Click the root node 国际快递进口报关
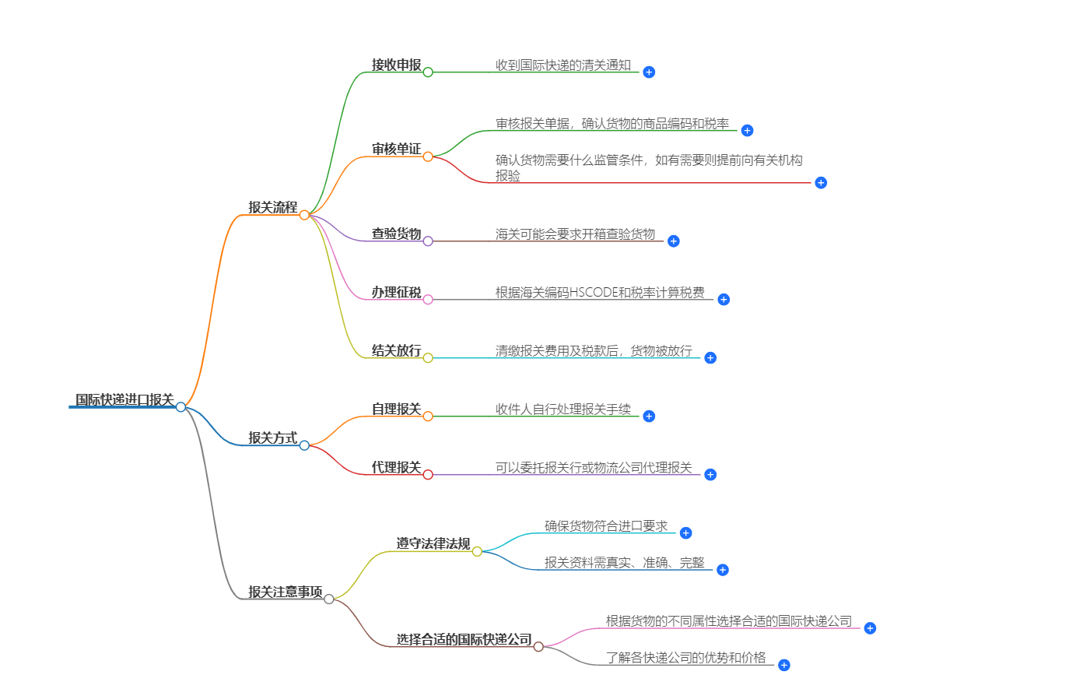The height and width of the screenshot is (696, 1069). (x=124, y=399)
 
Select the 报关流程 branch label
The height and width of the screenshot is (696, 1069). (x=273, y=207)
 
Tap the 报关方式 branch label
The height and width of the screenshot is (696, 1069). (x=273, y=438)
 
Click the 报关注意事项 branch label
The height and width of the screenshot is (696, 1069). (x=286, y=592)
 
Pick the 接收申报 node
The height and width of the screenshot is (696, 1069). (x=396, y=65)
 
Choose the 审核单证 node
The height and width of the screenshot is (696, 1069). (x=396, y=149)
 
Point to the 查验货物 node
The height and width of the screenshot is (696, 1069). (x=396, y=234)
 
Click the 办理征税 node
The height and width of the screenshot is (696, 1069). (x=396, y=292)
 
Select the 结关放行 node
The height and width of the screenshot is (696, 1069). (x=396, y=350)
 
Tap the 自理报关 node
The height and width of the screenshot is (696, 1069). (x=396, y=409)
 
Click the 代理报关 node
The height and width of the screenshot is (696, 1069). (x=396, y=467)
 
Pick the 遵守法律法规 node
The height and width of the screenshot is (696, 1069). (x=433, y=543)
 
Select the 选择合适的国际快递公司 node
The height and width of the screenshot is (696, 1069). (x=464, y=639)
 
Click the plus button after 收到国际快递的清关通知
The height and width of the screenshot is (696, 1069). (x=649, y=72)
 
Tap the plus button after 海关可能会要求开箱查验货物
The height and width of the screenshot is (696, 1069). (x=674, y=241)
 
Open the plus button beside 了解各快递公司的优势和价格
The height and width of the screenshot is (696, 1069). (x=784, y=665)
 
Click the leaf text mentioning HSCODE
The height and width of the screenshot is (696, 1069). (x=600, y=293)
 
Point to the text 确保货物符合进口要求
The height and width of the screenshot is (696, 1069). (x=606, y=526)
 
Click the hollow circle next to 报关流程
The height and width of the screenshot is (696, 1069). (x=304, y=215)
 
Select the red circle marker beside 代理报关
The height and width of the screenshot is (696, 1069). (x=428, y=475)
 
